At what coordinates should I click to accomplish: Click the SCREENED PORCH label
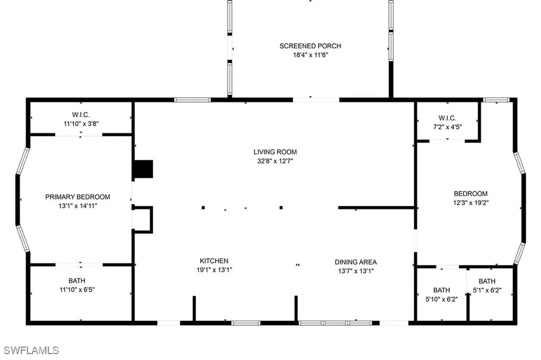306,46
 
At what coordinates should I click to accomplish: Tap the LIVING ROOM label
273,152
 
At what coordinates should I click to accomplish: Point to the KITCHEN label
214,261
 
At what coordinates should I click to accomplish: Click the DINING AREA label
356,262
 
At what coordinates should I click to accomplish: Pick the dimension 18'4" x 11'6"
306,54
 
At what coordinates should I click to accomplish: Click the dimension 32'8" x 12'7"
273,161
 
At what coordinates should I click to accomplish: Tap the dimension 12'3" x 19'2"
470,203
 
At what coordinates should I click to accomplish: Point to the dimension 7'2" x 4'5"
447,127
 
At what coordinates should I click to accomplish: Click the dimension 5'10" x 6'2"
442,299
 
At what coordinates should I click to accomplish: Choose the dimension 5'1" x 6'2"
487,290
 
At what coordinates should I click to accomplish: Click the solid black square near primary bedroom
143,169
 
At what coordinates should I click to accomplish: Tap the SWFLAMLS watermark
32,350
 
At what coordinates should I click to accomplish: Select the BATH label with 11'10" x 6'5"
77,280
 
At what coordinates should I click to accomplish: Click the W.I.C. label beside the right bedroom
447,118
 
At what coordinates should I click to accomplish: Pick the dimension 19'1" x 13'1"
214,270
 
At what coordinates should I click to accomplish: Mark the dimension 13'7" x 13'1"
356,271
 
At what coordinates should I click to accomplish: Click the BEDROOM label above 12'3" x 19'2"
470,194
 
